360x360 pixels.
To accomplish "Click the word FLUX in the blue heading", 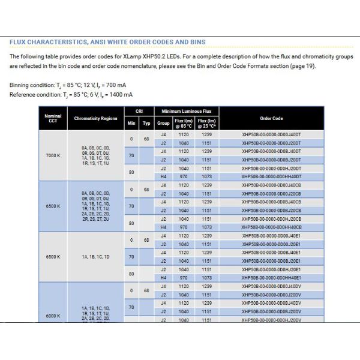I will click(19, 42).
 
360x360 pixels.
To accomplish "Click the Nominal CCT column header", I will click(53, 118).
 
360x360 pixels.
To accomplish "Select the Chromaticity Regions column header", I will click(96, 119).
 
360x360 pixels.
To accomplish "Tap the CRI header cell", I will click(139, 112).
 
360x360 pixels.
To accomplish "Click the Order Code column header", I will click(271, 119).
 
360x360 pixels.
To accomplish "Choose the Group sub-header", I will click(163, 122).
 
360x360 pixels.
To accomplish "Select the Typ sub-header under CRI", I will click(146, 122).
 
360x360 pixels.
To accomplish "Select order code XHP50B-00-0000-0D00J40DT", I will click(271, 135).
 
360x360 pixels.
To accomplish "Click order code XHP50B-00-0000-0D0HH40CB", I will click(271, 227).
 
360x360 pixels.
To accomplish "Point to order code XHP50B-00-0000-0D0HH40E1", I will click(271, 278).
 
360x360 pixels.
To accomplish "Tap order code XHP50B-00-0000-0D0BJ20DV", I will click(271, 311).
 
